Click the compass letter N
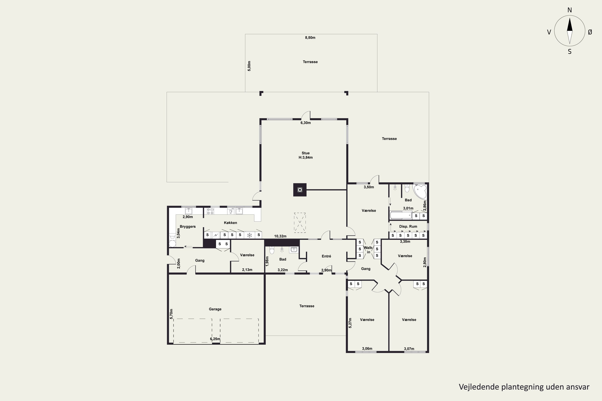coord(569,10)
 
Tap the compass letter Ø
coord(590,32)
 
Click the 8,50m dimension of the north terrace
coord(310,38)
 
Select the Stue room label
coord(306,153)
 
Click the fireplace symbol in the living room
coord(300,190)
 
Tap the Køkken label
coord(230,223)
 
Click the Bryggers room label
coord(188,227)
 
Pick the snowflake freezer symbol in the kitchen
coord(249,235)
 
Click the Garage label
coord(215,309)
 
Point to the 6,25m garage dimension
coord(215,339)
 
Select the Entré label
coord(326,256)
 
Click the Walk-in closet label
coord(369,250)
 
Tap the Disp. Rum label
coord(408,226)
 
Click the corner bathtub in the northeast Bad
coord(420,191)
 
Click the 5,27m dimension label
coord(350,323)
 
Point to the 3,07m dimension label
coord(409,349)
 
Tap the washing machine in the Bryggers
coord(172,243)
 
